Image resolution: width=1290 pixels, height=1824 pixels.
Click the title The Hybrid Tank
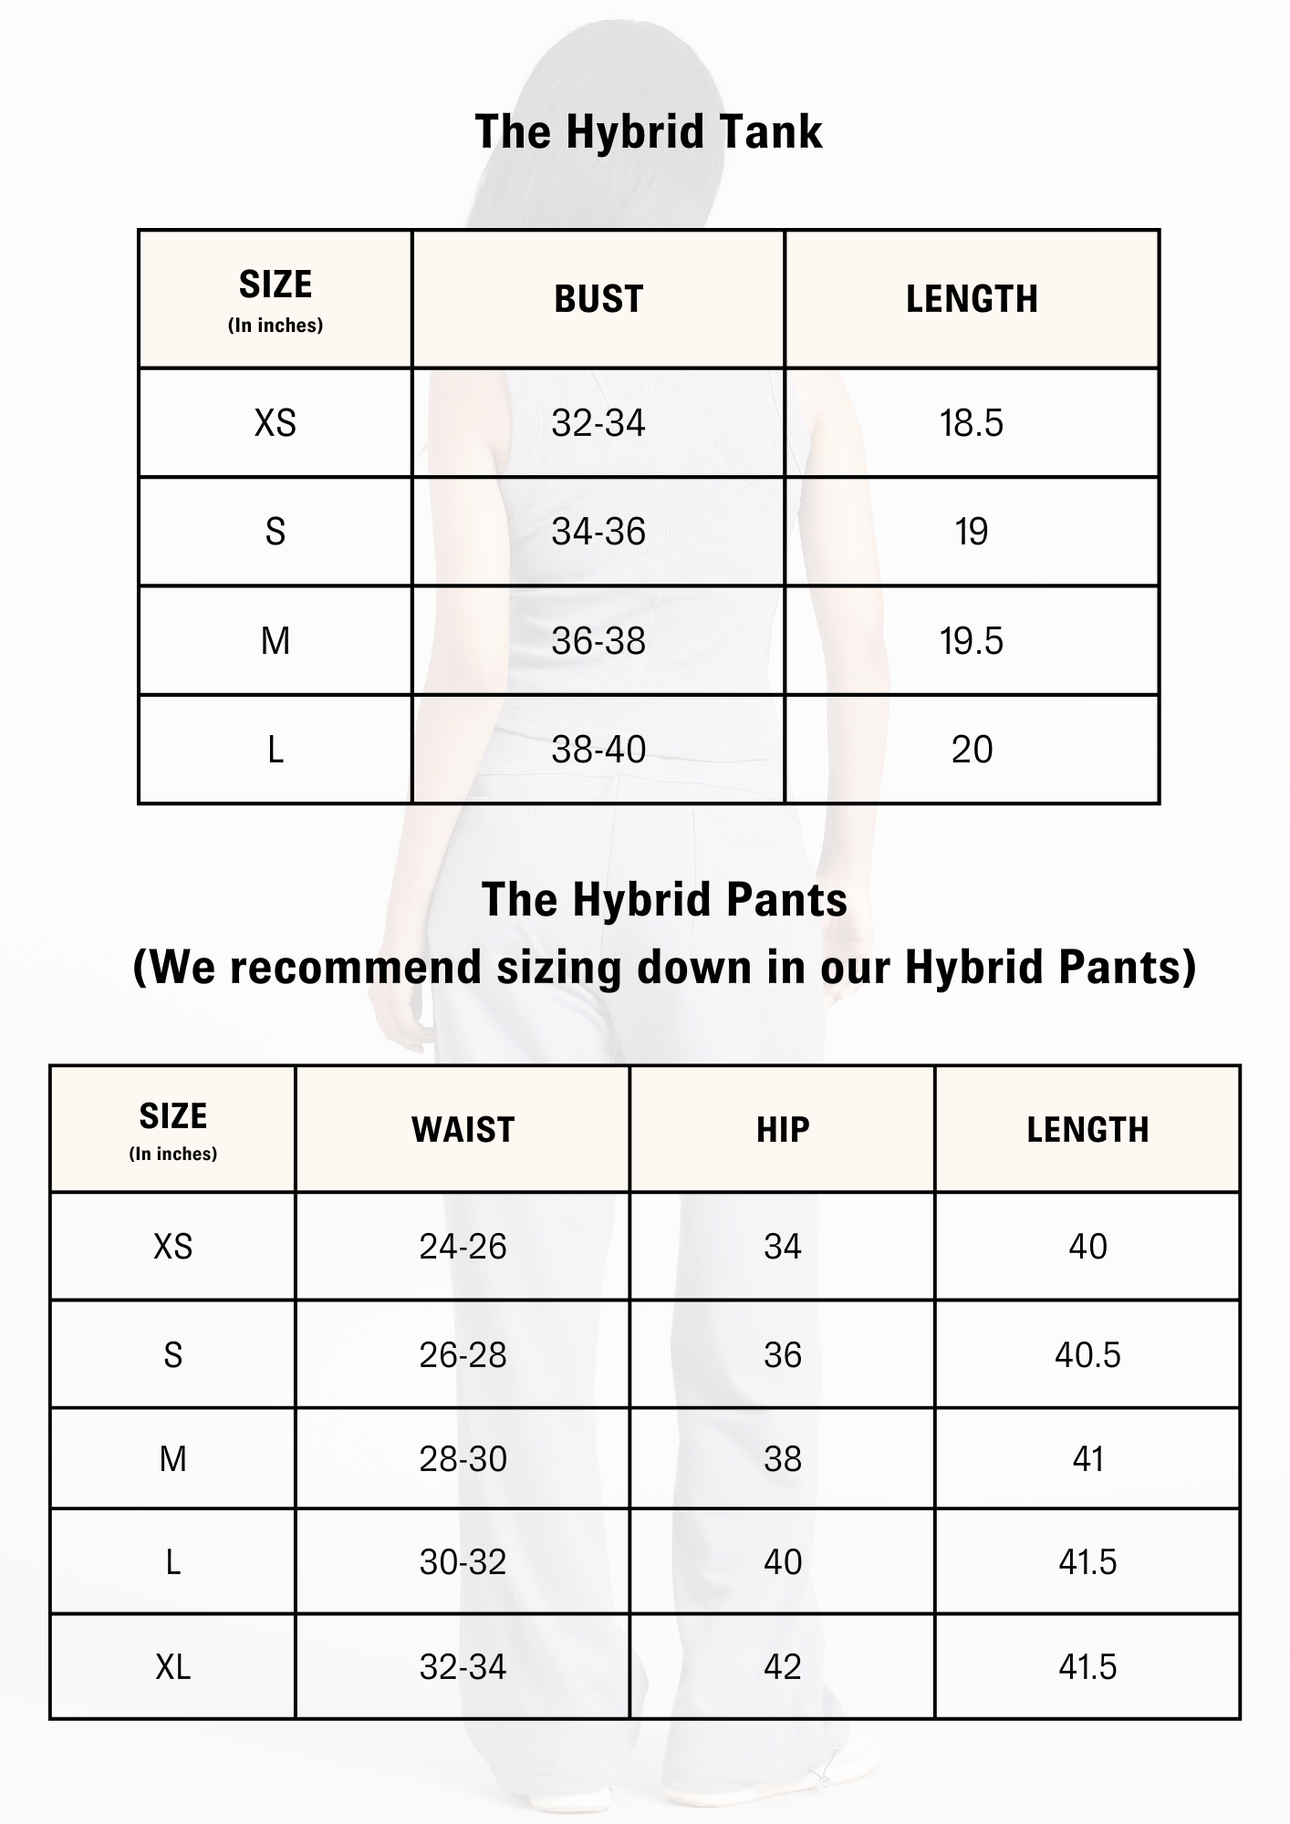coord(649,132)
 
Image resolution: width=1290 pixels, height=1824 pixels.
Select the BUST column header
coord(598,299)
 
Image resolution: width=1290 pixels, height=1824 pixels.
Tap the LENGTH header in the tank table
coord(972,299)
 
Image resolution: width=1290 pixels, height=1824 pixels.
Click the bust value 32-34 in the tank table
coord(598,423)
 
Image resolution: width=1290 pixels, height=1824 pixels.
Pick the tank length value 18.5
coord(972,423)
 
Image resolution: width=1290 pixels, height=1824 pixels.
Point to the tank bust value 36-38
coord(598,641)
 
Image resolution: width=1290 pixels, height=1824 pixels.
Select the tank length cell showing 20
coord(972,750)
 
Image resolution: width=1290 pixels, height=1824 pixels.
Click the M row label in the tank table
coord(276,641)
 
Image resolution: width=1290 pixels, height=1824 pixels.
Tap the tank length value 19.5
coord(972,641)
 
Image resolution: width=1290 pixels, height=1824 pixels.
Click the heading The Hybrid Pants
coord(664,899)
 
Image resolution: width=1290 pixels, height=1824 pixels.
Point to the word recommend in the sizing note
coord(354,967)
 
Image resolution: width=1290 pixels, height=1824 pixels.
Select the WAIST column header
coord(463,1130)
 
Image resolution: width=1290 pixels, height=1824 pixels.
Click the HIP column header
coord(783,1130)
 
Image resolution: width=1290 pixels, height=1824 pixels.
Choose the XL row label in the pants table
coord(173,1667)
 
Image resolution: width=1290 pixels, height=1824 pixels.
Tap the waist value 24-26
coord(463,1247)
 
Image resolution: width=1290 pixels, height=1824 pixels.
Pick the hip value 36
coord(783,1355)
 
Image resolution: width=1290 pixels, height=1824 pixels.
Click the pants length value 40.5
coord(1087,1355)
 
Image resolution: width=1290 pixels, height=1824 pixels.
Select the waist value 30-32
coord(463,1562)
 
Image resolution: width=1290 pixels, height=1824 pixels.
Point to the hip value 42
coord(783,1667)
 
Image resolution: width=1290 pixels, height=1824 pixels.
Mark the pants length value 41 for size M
coord(1087,1459)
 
